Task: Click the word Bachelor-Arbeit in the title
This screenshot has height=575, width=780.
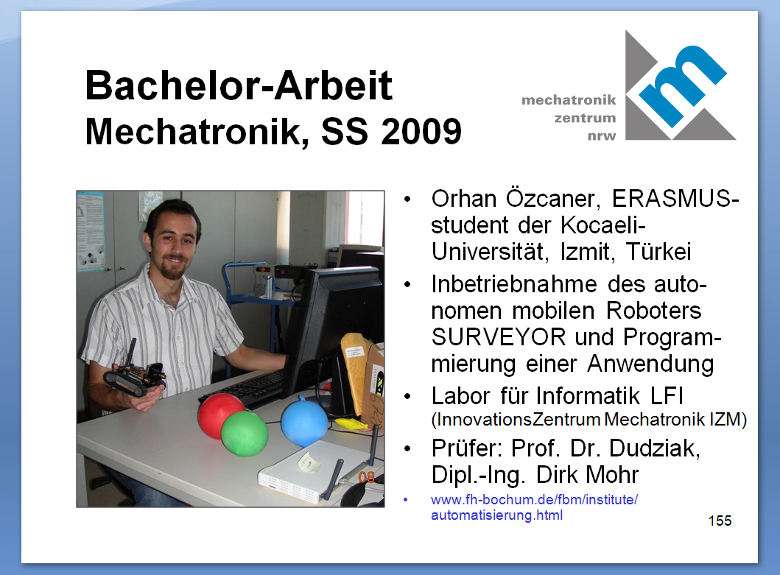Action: [239, 85]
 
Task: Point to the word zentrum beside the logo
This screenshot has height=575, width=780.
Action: [585, 119]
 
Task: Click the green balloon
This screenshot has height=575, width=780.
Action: [245, 433]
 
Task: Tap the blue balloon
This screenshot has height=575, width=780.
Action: [304, 423]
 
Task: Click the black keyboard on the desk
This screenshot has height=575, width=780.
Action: [245, 387]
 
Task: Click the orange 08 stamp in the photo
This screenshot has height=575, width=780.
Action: [367, 478]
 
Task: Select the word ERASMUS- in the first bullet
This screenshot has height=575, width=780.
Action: [675, 199]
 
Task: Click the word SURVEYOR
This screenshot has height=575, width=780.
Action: [499, 337]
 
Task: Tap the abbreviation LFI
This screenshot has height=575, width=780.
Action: [667, 396]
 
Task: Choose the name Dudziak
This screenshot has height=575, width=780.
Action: [655, 448]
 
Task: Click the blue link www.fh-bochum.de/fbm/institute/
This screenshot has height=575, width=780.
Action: [534, 499]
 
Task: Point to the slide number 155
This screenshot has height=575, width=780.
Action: [720, 521]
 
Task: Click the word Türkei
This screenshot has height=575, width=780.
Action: [658, 251]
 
